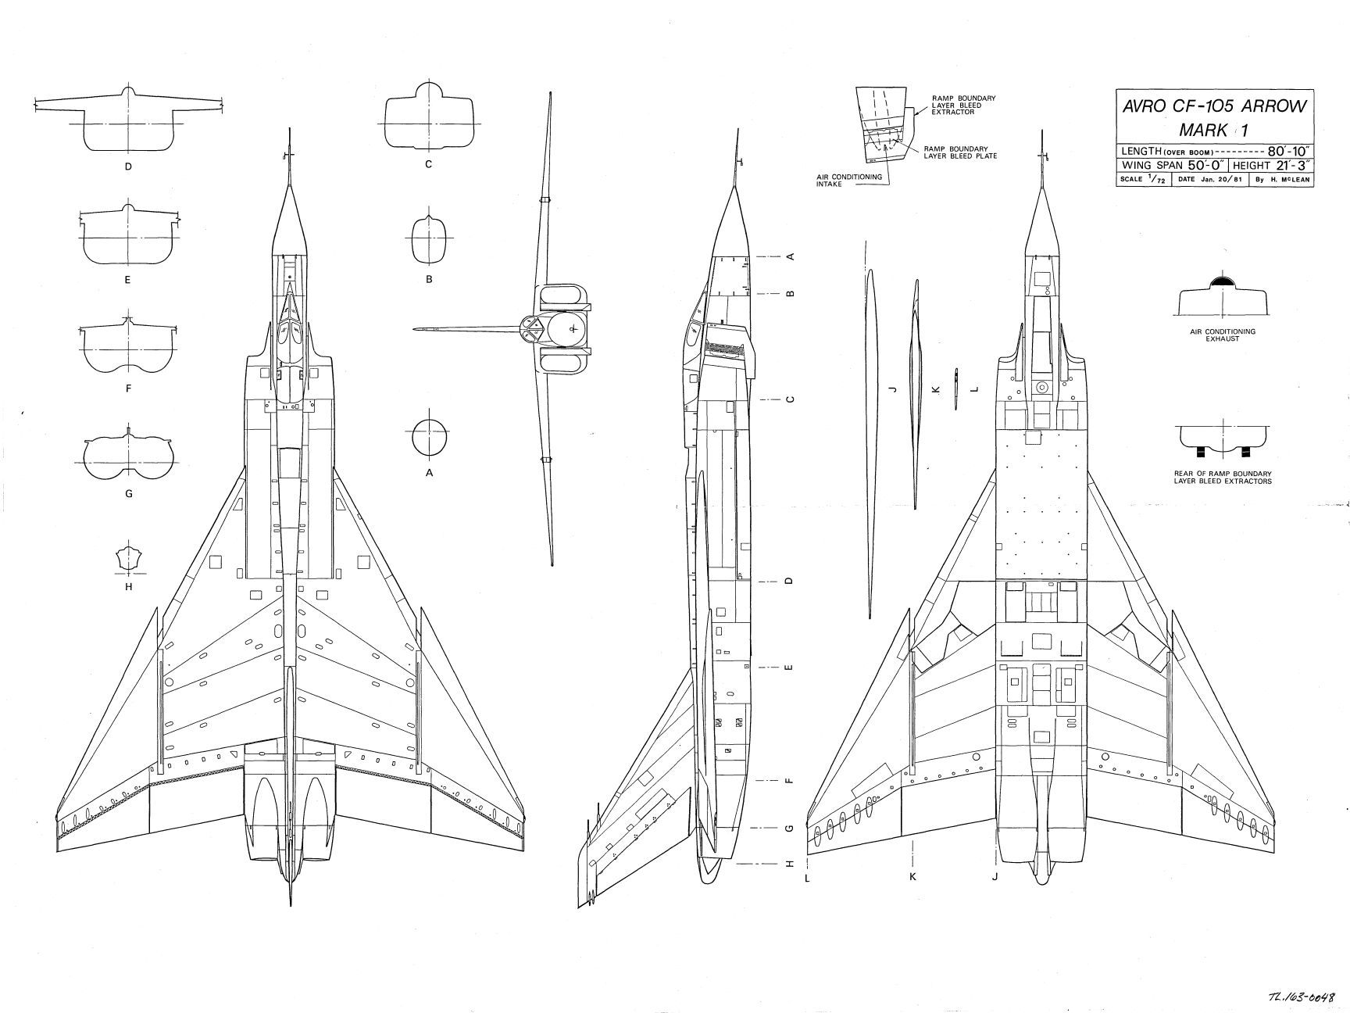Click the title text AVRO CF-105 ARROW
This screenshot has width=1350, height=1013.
(1213, 107)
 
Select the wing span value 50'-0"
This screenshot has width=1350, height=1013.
(1200, 166)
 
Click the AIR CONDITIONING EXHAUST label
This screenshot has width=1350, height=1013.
(1222, 335)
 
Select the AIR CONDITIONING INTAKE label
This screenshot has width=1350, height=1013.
(849, 180)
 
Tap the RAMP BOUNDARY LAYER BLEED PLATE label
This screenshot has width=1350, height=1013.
(959, 152)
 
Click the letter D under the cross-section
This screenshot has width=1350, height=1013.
(128, 166)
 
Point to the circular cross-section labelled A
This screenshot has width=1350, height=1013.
(429, 437)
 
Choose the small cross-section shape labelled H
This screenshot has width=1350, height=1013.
(128, 559)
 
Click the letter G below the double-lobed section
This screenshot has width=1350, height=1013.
(128, 494)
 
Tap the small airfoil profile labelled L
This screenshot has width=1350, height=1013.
(955, 388)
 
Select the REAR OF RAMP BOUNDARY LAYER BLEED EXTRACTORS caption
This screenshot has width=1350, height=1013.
(1222, 477)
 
